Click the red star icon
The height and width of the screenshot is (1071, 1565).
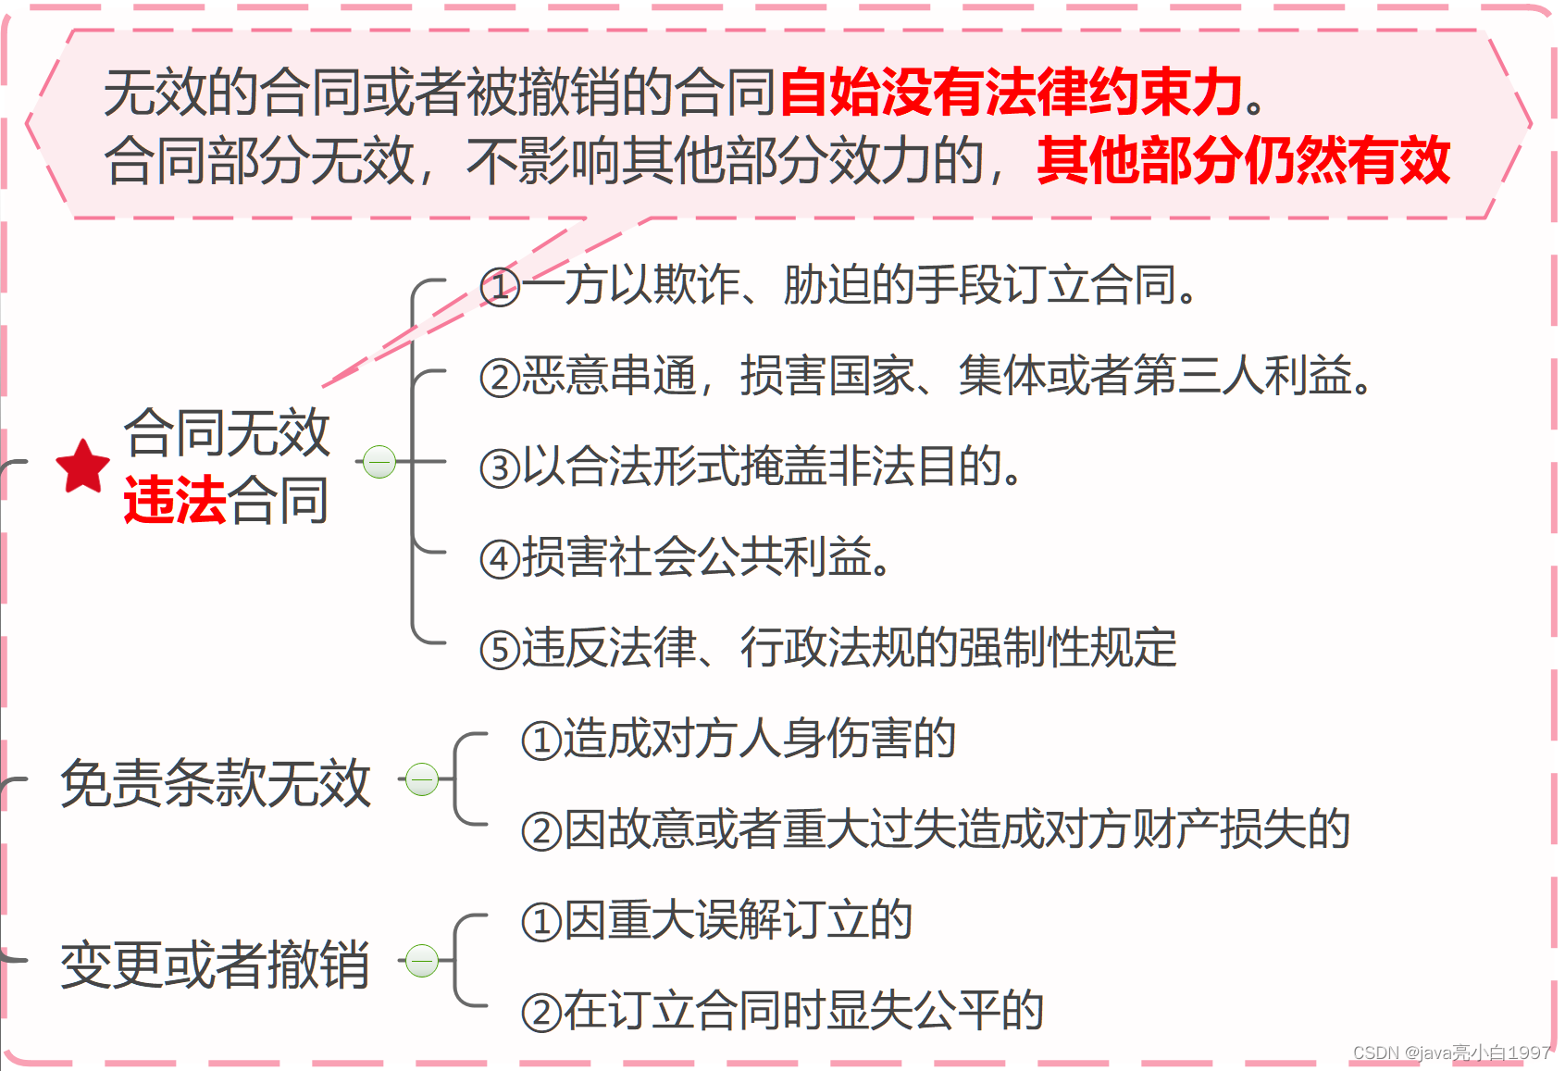click(82, 466)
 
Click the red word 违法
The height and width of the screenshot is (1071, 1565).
click(175, 501)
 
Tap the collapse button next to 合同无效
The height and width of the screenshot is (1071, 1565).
click(379, 461)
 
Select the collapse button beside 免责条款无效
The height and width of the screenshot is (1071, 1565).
click(422, 779)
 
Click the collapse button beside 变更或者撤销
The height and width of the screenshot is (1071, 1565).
click(422, 961)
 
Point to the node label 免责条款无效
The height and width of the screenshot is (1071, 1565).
click(216, 783)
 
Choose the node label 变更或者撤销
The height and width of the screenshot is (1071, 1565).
click(216, 965)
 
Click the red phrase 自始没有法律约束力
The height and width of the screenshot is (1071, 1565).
click(1012, 93)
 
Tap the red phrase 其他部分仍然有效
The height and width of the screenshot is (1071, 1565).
click(1243, 160)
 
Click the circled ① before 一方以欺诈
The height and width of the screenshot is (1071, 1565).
click(500, 287)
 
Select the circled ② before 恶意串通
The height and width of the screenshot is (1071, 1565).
click(500, 378)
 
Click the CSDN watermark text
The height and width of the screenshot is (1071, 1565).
click(1451, 1052)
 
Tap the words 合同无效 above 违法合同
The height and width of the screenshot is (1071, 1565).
click(227, 432)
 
